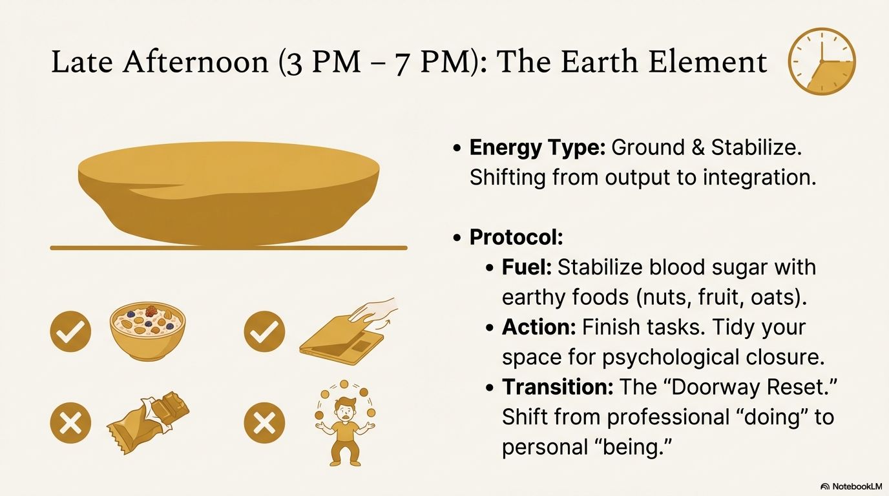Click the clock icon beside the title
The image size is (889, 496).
[x=822, y=61]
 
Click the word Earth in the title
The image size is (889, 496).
[x=600, y=61]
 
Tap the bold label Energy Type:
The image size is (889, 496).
[x=537, y=148]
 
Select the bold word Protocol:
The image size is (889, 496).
[x=516, y=237]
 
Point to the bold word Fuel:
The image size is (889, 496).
[x=527, y=267]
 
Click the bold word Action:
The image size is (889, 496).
[x=539, y=327]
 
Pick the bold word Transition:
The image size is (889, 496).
[x=558, y=387]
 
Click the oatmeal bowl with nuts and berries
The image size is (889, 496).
[x=147, y=332]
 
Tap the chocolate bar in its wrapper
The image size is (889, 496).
[x=148, y=422]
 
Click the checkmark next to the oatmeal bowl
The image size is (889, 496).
[x=70, y=332]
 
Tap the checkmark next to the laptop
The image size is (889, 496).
[x=264, y=332]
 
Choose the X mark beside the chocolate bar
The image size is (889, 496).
[x=70, y=422]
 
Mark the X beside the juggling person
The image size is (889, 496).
[x=264, y=422]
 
